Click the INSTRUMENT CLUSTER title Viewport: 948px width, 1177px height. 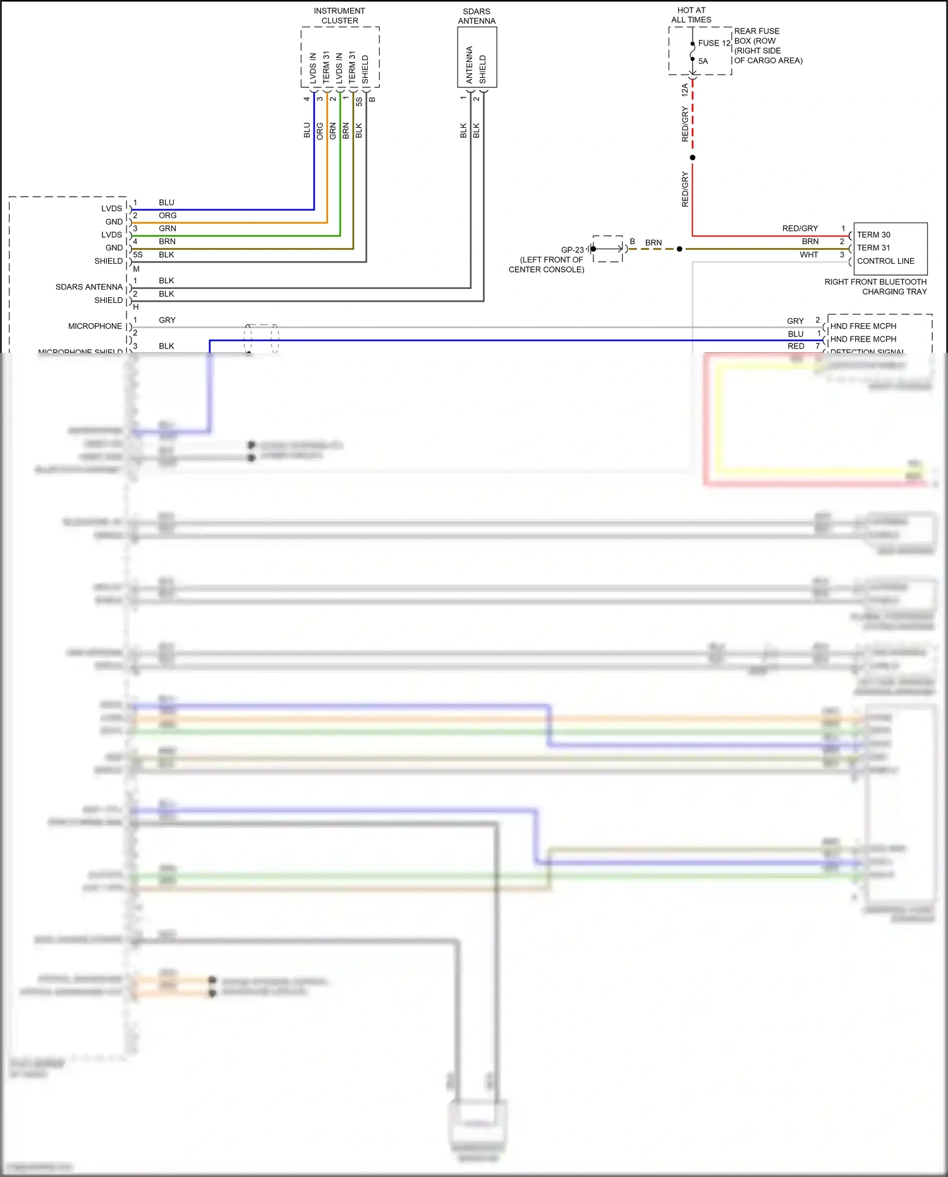(x=339, y=16)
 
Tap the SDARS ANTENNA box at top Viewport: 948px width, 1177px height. (x=477, y=58)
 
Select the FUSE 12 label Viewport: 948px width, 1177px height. (x=714, y=43)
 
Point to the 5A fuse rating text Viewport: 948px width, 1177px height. (x=703, y=61)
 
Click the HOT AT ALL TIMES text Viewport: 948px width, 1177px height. (x=691, y=15)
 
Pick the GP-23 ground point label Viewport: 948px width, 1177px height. (x=572, y=250)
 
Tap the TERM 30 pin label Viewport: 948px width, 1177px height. (x=873, y=235)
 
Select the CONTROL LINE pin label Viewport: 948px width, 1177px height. (x=885, y=261)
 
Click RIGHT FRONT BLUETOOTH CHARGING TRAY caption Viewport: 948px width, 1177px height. (x=875, y=287)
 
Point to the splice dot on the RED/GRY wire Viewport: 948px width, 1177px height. (x=692, y=157)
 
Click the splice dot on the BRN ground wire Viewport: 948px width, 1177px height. (x=679, y=249)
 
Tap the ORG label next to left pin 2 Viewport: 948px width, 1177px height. (x=167, y=216)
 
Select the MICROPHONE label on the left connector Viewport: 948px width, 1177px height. (x=95, y=326)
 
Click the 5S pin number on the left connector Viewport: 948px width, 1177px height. (x=138, y=255)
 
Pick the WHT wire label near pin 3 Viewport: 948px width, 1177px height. (x=808, y=255)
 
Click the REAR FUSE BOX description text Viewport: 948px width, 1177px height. (x=767, y=46)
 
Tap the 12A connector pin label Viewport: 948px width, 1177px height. (x=684, y=90)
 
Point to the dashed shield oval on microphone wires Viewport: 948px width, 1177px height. (x=262, y=338)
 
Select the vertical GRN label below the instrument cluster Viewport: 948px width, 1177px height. (x=333, y=132)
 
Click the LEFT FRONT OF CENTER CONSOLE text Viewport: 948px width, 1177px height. (x=547, y=264)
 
